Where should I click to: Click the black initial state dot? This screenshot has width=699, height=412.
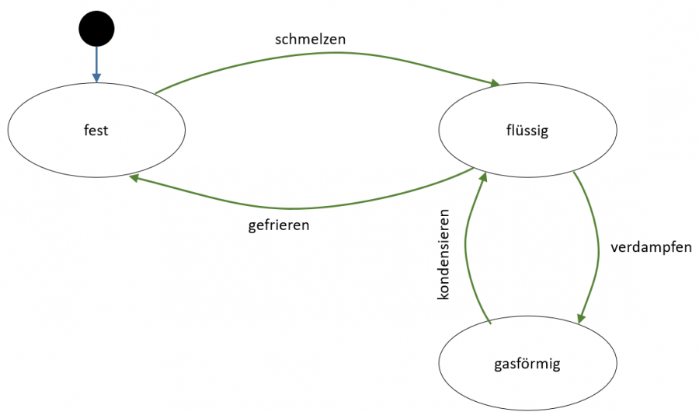pyautogui.click(x=96, y=30)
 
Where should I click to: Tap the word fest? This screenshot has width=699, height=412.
pyautogui.click(x=96, y=130)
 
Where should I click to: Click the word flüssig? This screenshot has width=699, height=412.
pyautogui.click(x=527, y=130)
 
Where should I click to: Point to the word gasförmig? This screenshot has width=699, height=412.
pyautogui.click(x=527, y=363)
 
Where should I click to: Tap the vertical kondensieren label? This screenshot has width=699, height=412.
pyautogui.click(x=444, y=254)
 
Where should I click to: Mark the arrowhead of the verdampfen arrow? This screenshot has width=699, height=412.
pyautogui.click(x=581, y=318)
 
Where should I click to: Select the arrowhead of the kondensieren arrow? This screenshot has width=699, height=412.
pyautogui.click(x=484, y=178)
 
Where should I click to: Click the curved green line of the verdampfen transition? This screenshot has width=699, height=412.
pyautogui.click(x=599, y=249)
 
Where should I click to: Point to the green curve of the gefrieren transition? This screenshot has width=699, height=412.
pyautogui.click(x=295, y=208)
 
